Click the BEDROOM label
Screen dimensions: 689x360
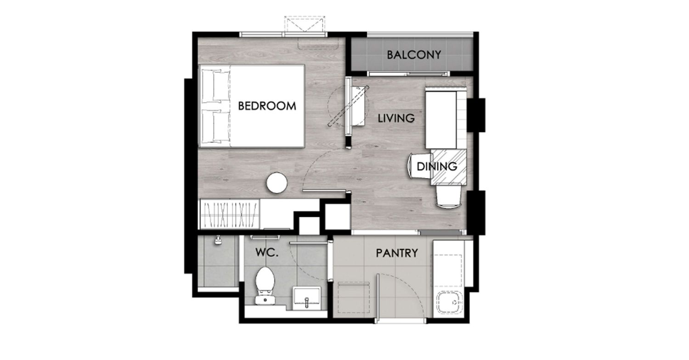267,106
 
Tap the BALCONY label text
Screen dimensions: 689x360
414,55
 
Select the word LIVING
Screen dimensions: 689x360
396,118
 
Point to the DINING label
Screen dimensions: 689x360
437,167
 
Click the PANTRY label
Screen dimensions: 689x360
397,253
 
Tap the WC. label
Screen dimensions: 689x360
267,253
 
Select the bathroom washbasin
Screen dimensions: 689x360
307,298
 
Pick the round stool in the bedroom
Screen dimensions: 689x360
277,183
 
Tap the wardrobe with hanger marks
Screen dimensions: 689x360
230,214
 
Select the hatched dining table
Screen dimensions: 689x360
448,167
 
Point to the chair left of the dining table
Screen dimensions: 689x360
419,166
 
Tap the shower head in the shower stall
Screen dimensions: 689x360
218,240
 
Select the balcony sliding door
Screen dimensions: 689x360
409,74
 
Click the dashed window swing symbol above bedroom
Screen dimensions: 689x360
304,24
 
